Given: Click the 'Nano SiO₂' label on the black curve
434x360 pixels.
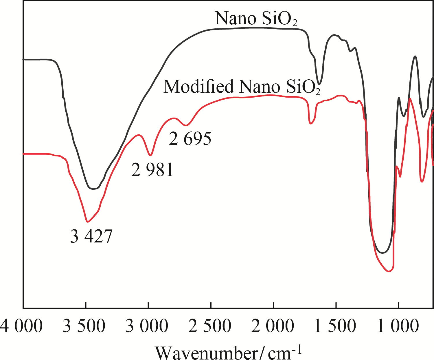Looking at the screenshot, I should pos(256,19).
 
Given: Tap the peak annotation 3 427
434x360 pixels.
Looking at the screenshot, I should pos(91,236).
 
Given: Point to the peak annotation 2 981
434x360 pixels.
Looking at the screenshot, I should pos(152,170).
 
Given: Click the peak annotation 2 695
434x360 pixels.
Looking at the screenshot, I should pos(190,139).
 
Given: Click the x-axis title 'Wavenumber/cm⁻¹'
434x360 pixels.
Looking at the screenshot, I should pos(229,352).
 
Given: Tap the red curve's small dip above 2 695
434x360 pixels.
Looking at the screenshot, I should pos(186,126).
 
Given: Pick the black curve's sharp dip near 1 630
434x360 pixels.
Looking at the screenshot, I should pos(319,84).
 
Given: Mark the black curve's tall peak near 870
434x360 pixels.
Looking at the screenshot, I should pos(415,56).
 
